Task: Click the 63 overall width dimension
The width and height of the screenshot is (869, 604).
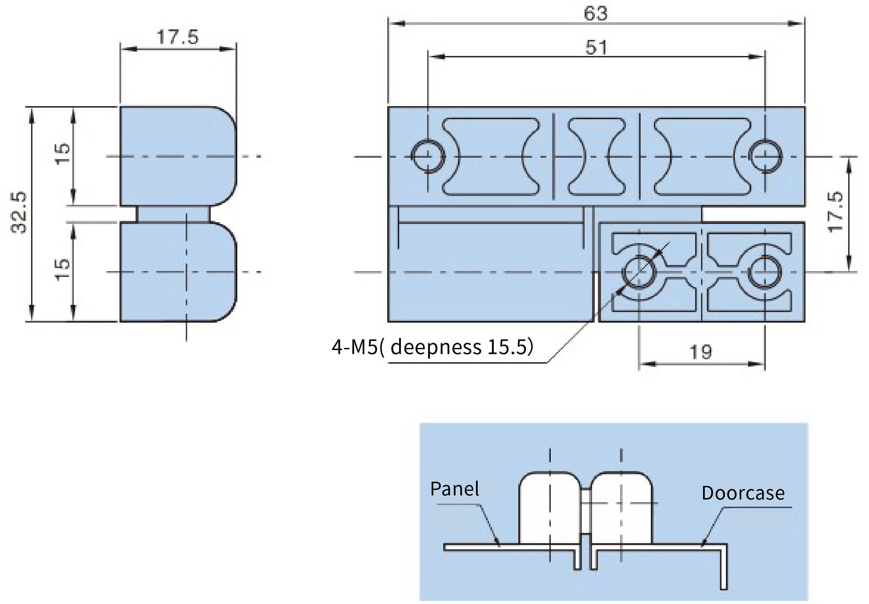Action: click(x=596, y=14)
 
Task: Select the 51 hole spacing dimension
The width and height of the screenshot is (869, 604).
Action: click(x=597, y=48)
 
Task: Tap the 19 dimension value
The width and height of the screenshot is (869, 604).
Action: click(x=701, y=352)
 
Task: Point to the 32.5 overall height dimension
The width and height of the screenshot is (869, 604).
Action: click(x=19, y=213)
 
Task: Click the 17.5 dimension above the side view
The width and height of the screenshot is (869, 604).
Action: click(x=178, y=37)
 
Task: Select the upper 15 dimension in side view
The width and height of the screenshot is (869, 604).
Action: click(x=63, y=154)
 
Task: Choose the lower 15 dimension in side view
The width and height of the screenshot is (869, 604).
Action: click(x=63, y=269)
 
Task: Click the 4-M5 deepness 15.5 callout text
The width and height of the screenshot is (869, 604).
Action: click(x=433, y=347)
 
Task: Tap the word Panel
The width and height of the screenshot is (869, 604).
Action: click(x=454, y=489)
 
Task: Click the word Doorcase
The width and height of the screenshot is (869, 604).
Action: click(x=743, y=493)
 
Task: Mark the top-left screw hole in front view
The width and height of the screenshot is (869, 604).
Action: click(x=428, y=156)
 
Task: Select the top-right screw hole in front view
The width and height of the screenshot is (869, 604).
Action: click(x=765, y=156)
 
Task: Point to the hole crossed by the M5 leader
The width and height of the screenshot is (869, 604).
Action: click(x=639, y=272)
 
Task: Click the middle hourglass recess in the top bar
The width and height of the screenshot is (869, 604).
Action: click(x=597, y=157)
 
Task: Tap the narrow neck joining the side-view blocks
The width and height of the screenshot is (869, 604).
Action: click(x=172, y=214)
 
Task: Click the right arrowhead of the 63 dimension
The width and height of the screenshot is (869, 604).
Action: click(x=796, y=24)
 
